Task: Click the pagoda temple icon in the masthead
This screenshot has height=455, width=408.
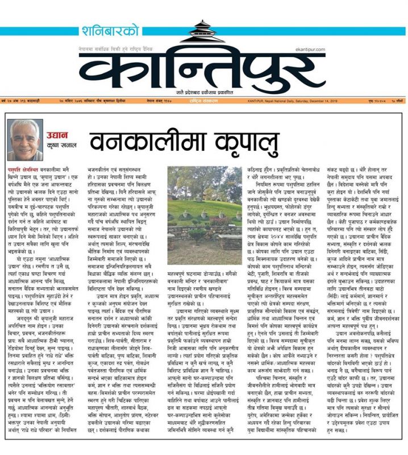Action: pos(202,34)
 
